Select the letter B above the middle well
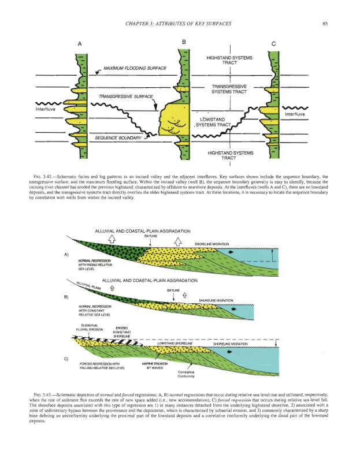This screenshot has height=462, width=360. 184,43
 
